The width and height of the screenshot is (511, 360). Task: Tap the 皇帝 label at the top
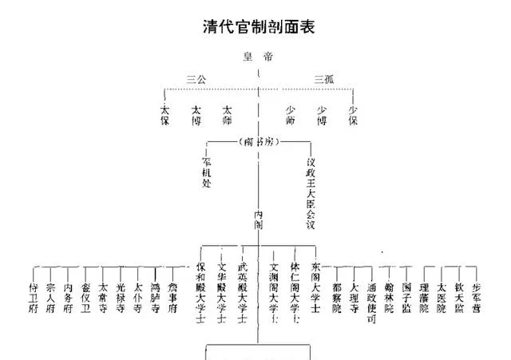click(x=259, y=57)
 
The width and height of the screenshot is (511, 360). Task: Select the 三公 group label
click(x=196, y=78)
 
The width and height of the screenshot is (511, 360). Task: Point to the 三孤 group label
click(x=324, y=78)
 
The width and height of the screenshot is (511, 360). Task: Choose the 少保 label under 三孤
click(x=353, y=116)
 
